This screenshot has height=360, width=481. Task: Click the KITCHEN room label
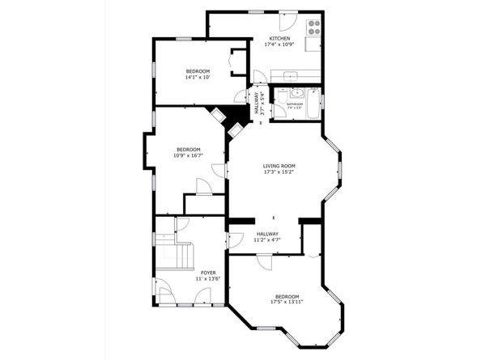[279, 38]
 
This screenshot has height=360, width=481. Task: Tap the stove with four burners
[313, 24]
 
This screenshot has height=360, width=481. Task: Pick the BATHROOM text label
[294, 104]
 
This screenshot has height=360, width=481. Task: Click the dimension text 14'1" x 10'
[198, 78]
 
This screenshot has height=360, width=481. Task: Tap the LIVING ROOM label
[279, 166]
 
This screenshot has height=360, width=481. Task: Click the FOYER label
[208, 273]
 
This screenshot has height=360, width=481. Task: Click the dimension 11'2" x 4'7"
[267, 239]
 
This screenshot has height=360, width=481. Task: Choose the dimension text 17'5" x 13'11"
[287, 303]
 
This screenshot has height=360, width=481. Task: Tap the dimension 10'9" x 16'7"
[189, 155]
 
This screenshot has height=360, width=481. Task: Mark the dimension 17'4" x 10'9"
[279, 44]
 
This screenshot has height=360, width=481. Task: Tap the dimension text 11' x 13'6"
[208, 280]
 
